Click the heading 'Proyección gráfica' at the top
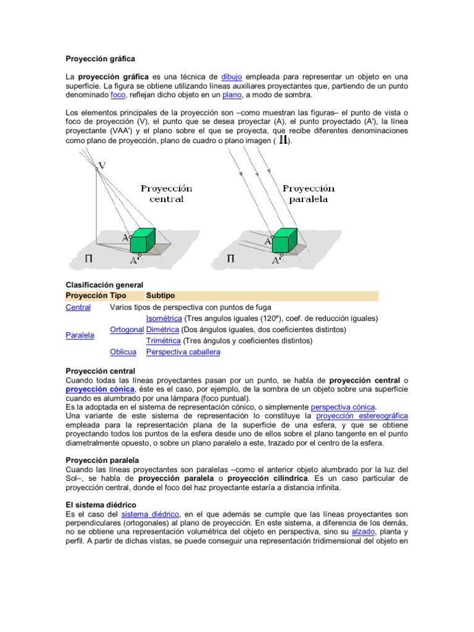pos(100,59)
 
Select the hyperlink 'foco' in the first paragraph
pos(118,95)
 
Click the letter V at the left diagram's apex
pos(102,165)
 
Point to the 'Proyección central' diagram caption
pos(166,194)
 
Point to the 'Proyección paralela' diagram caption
pos(309,194)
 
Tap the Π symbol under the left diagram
pos(89,259)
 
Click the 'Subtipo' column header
pos(160,296)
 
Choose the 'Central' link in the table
pos(78,307)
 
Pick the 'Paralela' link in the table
pos(80,335)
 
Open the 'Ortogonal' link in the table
pos(127,330)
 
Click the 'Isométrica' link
pos(164,318)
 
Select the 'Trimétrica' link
pos(163,341)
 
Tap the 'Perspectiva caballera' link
pos(183,352)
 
